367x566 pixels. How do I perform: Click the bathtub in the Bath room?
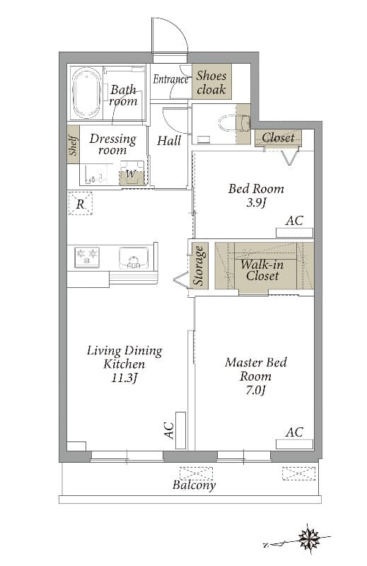click(86, 93)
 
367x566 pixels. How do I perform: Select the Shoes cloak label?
click(211, 82)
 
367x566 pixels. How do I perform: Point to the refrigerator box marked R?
click(80, 204)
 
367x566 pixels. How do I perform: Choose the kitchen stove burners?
click(86, 257)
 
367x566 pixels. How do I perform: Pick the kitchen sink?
click(134, 258)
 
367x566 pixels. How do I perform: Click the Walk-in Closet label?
click(262, 270)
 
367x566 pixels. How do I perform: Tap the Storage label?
click(199, 265)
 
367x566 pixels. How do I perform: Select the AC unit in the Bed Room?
click(294, 233)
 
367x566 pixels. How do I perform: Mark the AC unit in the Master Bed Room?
click(294, 444)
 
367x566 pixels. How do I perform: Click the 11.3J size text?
click(125, 378)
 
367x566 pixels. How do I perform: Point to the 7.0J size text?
click(256, 391)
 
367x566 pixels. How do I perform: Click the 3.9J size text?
click(256, 203)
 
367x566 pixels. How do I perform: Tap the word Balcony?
click(194, 485)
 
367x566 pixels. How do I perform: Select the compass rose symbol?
click(309, 538)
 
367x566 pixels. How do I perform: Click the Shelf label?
click(74, 145)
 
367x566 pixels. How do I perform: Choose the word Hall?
click(169, 140)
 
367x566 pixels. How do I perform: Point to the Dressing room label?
click(113, 144)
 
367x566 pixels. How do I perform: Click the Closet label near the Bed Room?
click(278, 137)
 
